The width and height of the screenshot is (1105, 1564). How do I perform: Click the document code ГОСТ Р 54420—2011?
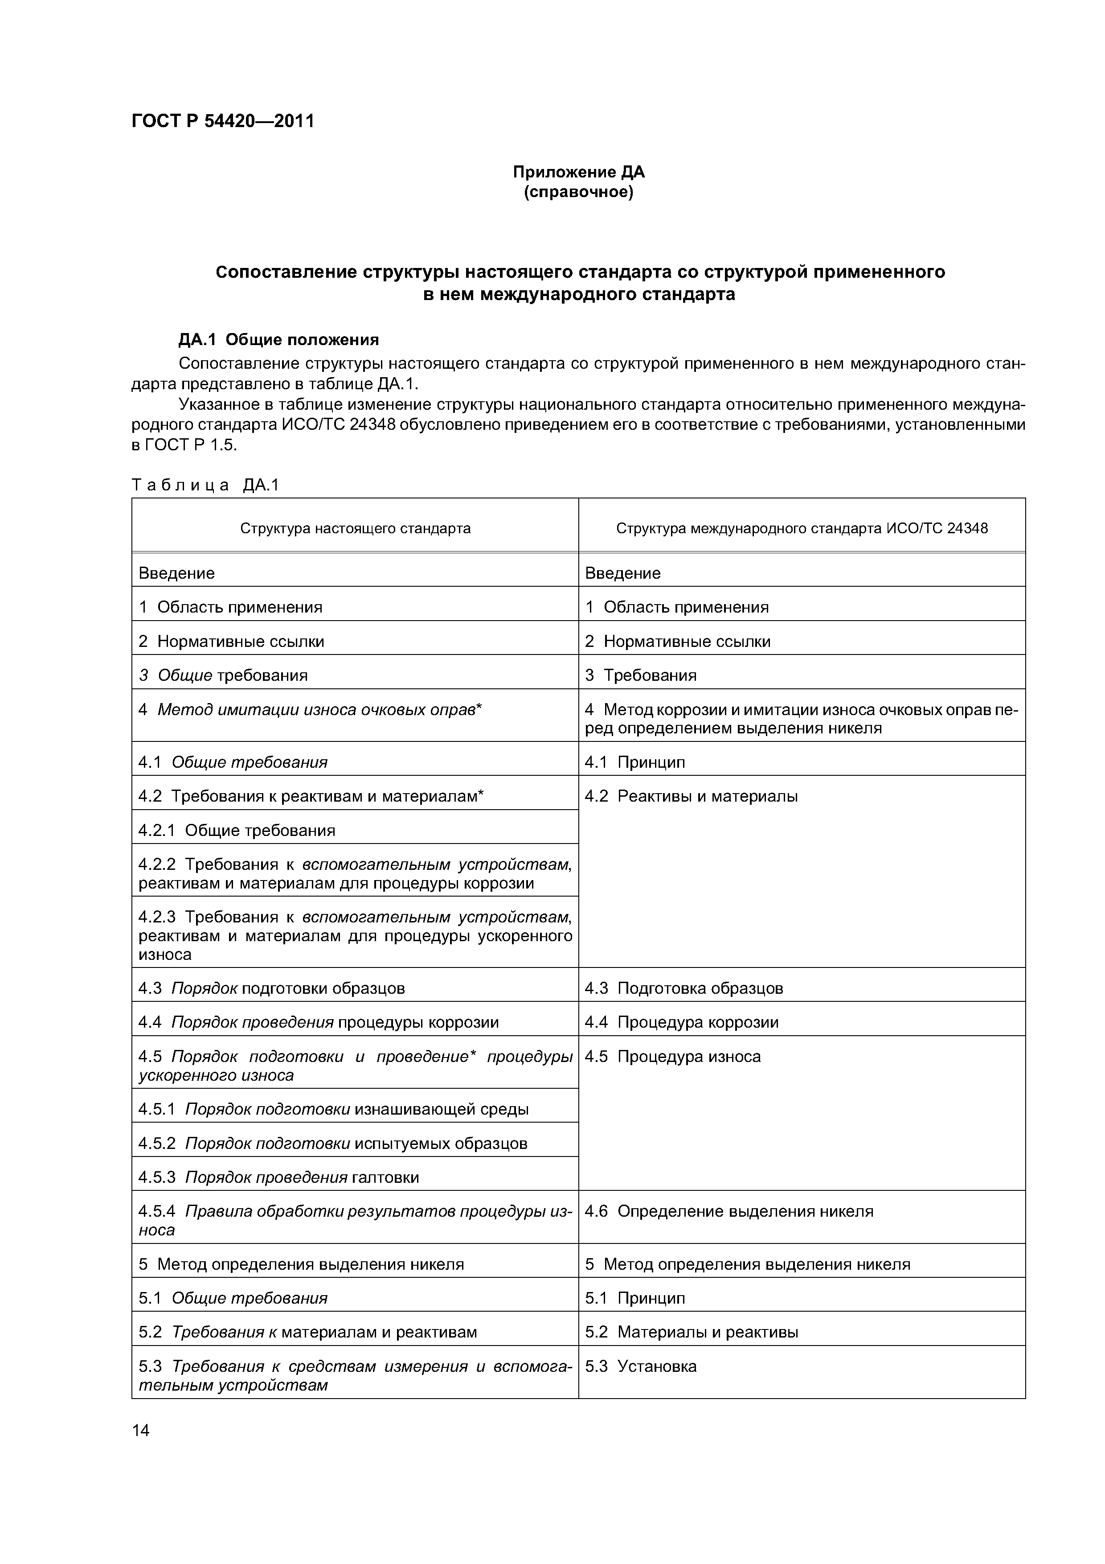coord(223,121)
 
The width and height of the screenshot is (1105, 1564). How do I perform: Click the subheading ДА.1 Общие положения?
coord(278,339)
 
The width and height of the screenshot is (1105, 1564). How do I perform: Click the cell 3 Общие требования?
coord(223,675)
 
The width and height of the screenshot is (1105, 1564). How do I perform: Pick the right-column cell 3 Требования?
coord(641,675)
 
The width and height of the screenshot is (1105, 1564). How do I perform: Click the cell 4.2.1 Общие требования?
coord(237,830)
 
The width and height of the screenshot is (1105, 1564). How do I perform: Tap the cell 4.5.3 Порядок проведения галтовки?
coord(278,1177)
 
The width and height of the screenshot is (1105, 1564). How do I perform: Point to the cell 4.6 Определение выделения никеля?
coord(728,1211)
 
